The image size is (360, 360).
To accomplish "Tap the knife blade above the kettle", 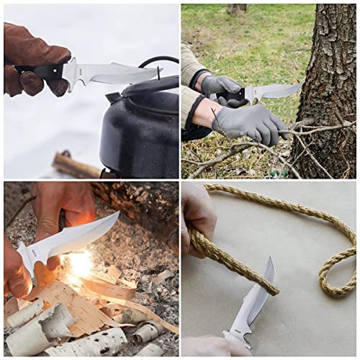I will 115,73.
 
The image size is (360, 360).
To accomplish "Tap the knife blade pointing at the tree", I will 277,91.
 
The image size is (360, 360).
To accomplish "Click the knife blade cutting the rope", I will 256,299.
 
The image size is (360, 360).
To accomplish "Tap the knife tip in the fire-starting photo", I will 117,214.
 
